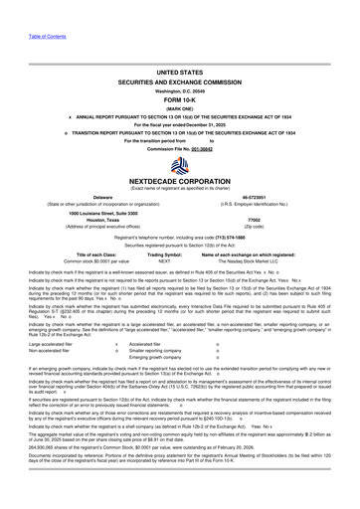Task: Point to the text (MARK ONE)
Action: (x=179, y=81)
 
